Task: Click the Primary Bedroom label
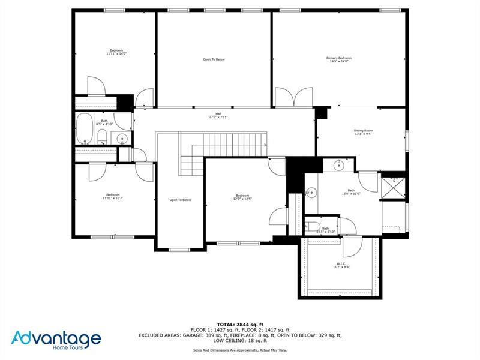(x=338, y=59)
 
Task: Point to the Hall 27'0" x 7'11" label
(x=215, y=118)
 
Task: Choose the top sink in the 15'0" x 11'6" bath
(x=337, y=164)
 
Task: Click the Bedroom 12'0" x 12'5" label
(x=242, y=197)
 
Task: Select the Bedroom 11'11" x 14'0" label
(x=116, y=52)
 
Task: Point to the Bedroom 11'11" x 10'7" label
(x=113, y=196)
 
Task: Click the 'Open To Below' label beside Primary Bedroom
(x=214, y=59)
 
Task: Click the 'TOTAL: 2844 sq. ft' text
(x=239, y=324)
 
